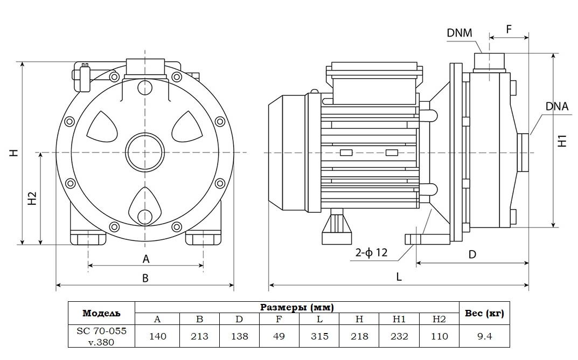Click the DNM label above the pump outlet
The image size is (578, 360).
coord(459,33)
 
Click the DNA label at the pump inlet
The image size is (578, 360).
coord(556,106)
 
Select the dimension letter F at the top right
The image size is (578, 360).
coord(509,29)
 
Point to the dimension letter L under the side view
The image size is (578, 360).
coord(399,276)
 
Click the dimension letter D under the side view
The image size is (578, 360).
coord(472,254)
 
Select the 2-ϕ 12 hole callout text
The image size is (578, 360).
coord(371,253)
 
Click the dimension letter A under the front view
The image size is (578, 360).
coord(145,259)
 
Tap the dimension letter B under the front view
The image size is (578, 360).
coord(145,278)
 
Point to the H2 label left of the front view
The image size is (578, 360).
coord(31,198)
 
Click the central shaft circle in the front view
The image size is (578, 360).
coord(144,152)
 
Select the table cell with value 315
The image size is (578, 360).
coord(319,336)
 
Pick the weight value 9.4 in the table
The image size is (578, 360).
coord(484,336)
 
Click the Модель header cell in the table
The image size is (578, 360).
coord(101,313)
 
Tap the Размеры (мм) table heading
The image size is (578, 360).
coord(297,307)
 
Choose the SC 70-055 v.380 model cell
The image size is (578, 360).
coord(101,336)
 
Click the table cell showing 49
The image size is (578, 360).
coord(280,336)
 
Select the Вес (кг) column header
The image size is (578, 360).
coord(484,313)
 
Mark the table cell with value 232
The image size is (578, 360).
coord(399,336)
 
